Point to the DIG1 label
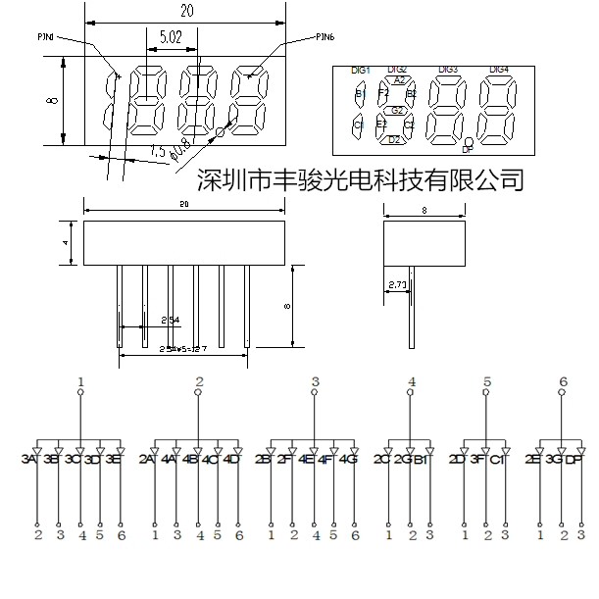click(360, 71)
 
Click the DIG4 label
click(499, 70)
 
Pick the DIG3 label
click(448, 70)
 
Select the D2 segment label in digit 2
click(395, 140)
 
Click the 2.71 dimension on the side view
click(398, 285)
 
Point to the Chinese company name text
click(361, 178)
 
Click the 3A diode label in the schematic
click(28, 459)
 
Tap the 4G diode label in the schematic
click(349, 459)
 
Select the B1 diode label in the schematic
click(423, 459)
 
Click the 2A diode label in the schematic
click(146, 459)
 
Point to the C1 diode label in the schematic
click(498, 459)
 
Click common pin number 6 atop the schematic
click(563, 381)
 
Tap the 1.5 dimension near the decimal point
click(157, 151)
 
